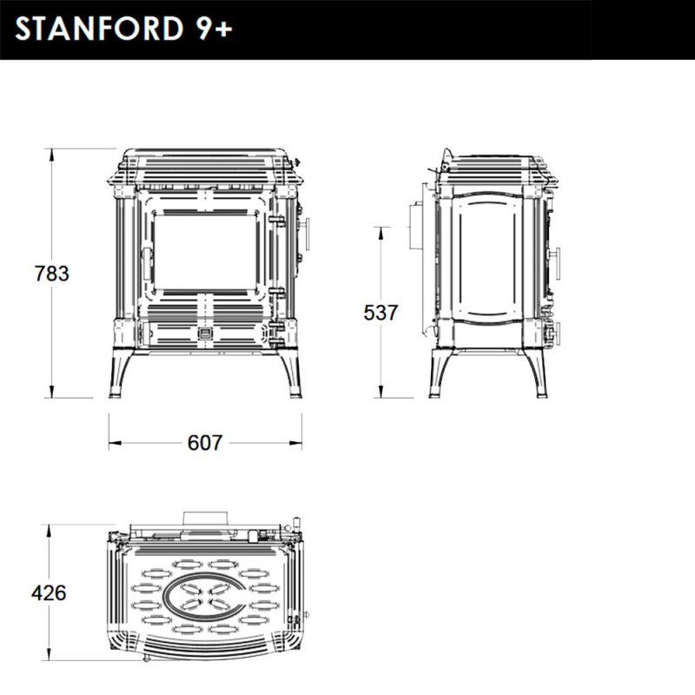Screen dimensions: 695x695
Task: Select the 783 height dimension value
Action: pos(51,273)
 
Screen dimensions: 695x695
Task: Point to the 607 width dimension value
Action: pos(205,443)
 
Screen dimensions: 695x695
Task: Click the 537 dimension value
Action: pos(381,313)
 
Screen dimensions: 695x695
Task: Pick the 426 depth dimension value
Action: pos(49,593)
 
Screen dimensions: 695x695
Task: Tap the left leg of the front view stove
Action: pos(117,374)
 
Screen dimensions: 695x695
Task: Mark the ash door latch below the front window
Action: pos(206,333)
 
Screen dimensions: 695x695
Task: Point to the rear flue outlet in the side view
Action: pos(414,226)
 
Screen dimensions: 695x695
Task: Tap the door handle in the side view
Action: pos(556,263)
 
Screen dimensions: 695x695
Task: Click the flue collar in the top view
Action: pos(206,518)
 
